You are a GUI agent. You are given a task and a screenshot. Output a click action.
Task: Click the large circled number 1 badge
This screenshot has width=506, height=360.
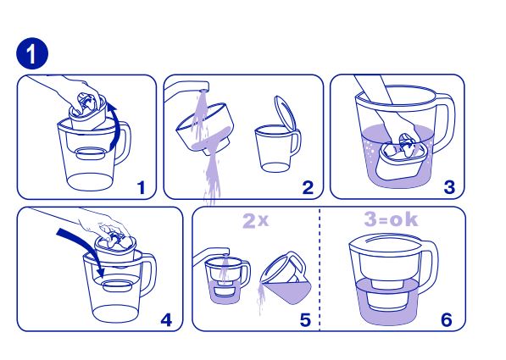pyautogui.click(x=32, y=53)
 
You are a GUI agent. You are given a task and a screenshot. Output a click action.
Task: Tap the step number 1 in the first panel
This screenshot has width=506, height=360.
pyautogui.click(x=142, y=187)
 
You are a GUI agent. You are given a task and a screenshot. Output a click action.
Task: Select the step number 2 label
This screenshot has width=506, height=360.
pyautogui.click(x=308, y=187)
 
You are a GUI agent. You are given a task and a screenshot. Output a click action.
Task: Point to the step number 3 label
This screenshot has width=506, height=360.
pyautogui.click(x=449, y=187)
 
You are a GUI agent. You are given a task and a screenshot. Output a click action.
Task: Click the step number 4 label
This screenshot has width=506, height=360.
pyautogui.click(x=166, y=320)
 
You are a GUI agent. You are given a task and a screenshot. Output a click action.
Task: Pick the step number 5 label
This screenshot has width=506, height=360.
pyautogui.click(x=305, y=320)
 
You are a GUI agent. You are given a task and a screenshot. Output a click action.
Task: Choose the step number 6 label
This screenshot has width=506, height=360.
pyautogui.click(x=447, y=320)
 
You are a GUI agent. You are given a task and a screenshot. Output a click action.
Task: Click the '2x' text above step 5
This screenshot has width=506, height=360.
pyautogui.click(x=255, y=221)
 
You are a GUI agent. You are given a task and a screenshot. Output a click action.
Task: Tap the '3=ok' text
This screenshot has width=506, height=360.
pyautogui.click(x=391, y=219)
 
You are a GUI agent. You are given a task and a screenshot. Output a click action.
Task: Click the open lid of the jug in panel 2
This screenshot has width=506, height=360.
pyautogui.click(x=285, y=113)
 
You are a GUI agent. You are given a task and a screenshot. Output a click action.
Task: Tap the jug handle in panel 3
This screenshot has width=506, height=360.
pyautogui.click(x=448, y=123)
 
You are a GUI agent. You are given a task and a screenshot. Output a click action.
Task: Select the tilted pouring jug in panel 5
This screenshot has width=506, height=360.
pyautogui.click(x=286, y=278)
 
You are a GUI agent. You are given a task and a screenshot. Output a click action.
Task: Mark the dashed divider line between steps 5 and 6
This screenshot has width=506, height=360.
pyautogui.click(x=320, y=269)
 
